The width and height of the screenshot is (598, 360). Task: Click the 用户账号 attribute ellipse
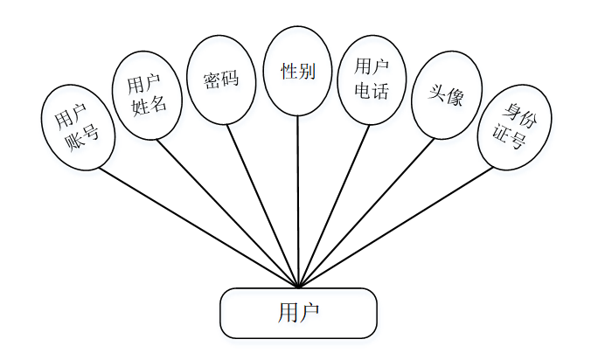78,127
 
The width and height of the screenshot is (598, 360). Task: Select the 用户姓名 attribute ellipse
148,95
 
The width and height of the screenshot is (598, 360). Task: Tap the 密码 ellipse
221,80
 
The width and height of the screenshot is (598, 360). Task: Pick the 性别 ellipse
297,71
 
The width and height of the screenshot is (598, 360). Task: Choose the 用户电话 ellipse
372,80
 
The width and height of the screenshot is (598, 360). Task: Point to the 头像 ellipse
447,95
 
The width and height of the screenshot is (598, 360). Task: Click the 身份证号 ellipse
515,127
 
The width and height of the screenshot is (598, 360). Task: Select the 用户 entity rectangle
298,313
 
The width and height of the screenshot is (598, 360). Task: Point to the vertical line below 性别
298,201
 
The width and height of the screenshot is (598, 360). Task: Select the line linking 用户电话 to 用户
334,205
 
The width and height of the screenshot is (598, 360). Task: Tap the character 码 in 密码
231,80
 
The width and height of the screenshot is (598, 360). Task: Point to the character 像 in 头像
454,98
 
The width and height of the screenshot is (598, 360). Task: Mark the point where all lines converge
298,287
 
